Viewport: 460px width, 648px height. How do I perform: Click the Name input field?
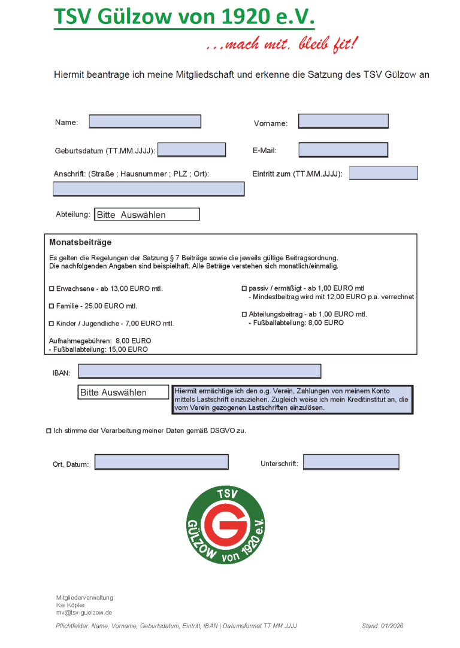point(145,121)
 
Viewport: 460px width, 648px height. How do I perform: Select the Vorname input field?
point(343,121)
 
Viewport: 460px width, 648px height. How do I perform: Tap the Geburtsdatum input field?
point(192,150)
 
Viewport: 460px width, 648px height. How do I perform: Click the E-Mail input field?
point(343,150)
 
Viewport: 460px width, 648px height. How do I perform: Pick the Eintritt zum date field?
point(383,173)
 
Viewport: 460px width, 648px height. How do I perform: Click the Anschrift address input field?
point(149,189)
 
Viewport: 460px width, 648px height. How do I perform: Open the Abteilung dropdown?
point(147,214)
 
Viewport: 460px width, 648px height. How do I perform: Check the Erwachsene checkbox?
point(52,289)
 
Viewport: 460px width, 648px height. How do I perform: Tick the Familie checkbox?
point(52,306)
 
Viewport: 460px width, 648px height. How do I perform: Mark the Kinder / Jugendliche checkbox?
point(52,324)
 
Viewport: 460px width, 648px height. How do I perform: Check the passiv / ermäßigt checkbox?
point(244,288)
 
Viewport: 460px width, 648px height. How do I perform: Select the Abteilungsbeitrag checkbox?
point(244,314)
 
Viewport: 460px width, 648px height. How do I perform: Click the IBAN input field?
point(199,372)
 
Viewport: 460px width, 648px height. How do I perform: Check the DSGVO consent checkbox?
point(49,431)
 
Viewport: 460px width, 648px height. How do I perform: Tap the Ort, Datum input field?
point(162,462)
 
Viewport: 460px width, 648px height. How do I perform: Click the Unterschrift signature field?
point(351,462)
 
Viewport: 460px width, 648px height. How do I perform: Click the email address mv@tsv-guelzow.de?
point(84,613)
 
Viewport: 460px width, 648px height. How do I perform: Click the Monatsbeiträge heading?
point(80,242)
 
